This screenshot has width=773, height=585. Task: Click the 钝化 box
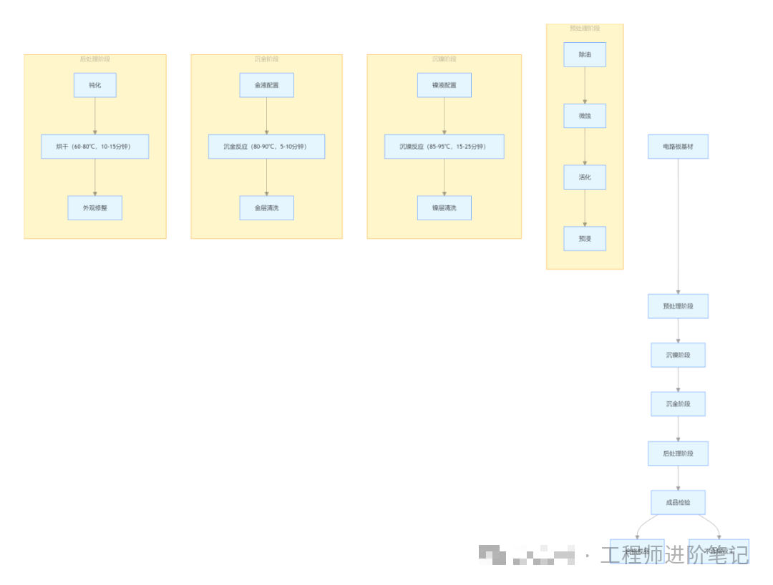pos(95,85)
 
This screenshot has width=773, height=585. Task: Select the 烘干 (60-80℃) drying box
pos(95,147)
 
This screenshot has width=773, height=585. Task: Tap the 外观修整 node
pos(95,208)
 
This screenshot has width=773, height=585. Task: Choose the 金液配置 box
pos(266,85)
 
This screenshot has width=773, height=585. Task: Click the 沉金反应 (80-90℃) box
pos(266,147)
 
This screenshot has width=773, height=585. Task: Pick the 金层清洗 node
pos(266,208)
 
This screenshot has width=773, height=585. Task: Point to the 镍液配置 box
pos(444,85)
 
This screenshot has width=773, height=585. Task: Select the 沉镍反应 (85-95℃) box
pos(444,147)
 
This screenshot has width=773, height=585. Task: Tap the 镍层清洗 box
pos(444,208)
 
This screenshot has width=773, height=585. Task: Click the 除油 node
pos(585,54)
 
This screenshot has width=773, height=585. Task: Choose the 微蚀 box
pos(585,116)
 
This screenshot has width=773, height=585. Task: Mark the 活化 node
pos(585,177)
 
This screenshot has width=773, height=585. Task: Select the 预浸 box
pos(585,239)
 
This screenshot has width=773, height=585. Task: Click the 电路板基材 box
pos(678,147)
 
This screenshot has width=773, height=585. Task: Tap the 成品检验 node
pos(678,502)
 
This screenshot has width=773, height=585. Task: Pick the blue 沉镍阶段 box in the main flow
pos(678,355)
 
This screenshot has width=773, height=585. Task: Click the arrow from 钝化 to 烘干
pos(95,116)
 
